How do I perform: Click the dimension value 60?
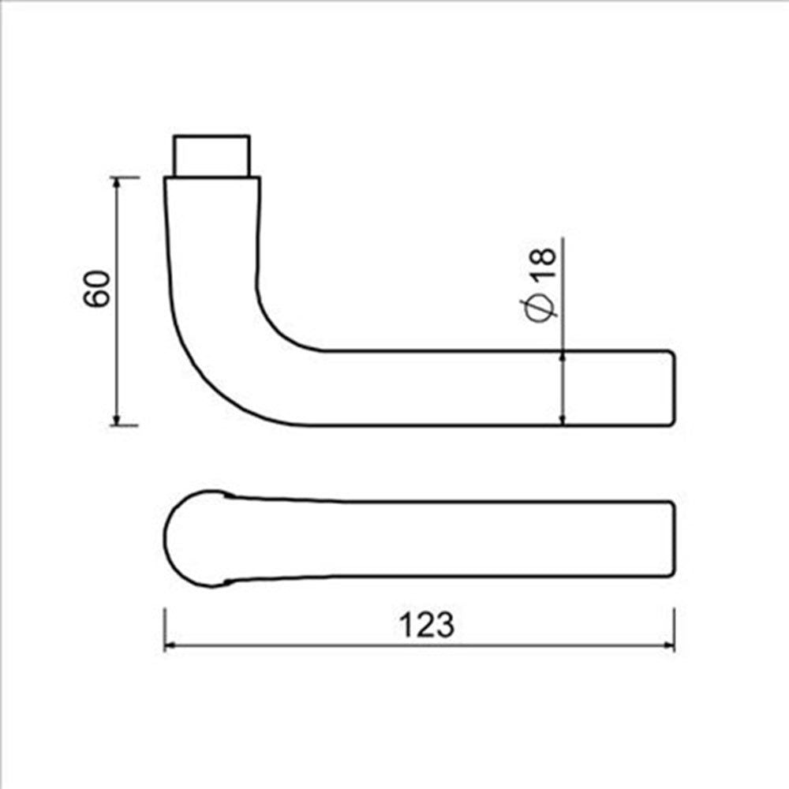[96, 288]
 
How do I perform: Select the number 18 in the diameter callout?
[544, 262]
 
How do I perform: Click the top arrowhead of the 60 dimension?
[117, 183]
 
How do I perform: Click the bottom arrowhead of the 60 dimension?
[117, 419]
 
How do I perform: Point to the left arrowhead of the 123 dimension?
[171, 645]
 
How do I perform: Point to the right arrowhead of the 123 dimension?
[668, 645]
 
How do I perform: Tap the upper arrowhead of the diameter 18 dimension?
[563, 357]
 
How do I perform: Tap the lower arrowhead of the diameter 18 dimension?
[563, 419]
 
